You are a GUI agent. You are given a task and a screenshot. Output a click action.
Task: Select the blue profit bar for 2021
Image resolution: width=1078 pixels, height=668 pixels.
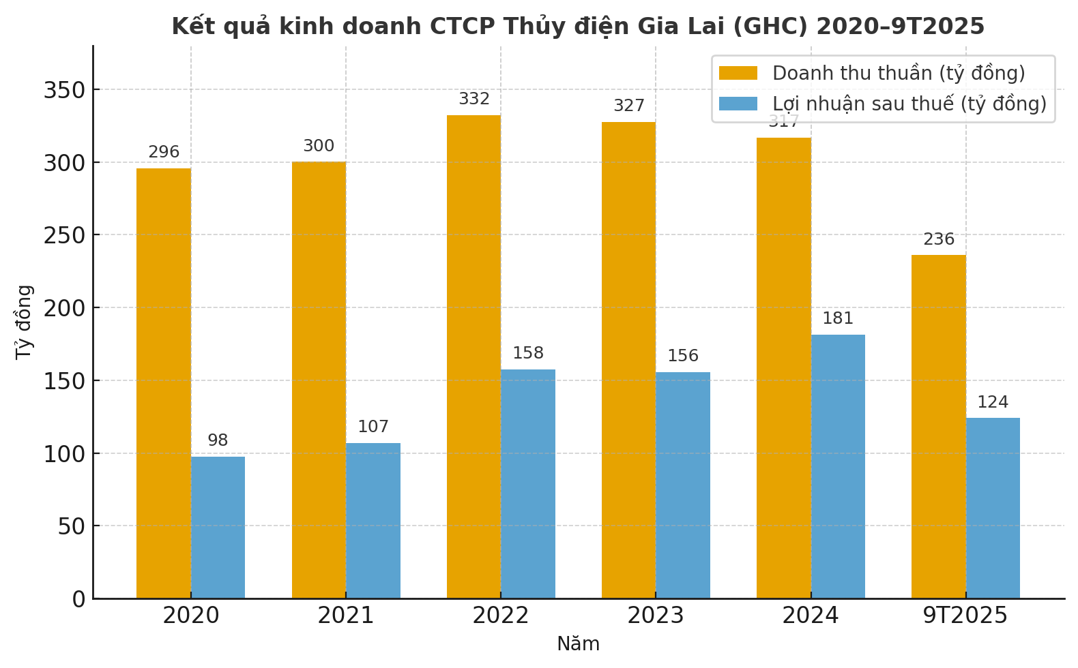click(373, 521)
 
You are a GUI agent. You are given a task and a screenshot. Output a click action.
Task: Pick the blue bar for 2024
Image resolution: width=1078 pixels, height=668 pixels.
click(838, 466)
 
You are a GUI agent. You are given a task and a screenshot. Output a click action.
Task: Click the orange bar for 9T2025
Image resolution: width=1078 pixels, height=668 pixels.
click(939, 427)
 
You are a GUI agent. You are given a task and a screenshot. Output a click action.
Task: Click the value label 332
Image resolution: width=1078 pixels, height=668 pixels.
click(474, 100)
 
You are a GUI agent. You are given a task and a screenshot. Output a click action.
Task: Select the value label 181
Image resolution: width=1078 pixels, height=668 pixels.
click(838, 319)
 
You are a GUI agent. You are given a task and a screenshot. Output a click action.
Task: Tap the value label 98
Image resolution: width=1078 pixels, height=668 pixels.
click(218, 441)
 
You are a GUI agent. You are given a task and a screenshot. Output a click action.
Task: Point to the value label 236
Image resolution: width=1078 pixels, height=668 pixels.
click(939, 240)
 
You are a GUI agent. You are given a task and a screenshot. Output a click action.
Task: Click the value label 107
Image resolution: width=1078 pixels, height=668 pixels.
click(373, 427)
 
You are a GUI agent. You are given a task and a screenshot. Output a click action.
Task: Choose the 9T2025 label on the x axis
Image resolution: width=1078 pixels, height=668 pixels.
click(965, 616)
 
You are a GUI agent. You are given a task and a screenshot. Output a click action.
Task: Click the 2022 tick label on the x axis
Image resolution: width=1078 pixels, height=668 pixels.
click(500, 616)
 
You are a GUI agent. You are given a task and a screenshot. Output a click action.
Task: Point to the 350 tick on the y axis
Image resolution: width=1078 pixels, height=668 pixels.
click(64, 90)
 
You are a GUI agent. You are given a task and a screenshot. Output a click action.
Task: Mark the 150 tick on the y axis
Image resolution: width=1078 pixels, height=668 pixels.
click(64, 381)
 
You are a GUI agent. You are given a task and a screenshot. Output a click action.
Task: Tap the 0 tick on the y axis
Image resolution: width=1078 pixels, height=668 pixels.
click(79, 599)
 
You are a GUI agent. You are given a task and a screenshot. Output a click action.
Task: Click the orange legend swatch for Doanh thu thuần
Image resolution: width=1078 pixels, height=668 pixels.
click(738, 73)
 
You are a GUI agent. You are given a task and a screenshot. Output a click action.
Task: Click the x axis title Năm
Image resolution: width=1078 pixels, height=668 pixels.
click(578, 644)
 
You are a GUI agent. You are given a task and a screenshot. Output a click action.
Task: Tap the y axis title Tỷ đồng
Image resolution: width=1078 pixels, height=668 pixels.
click(25, 322)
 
